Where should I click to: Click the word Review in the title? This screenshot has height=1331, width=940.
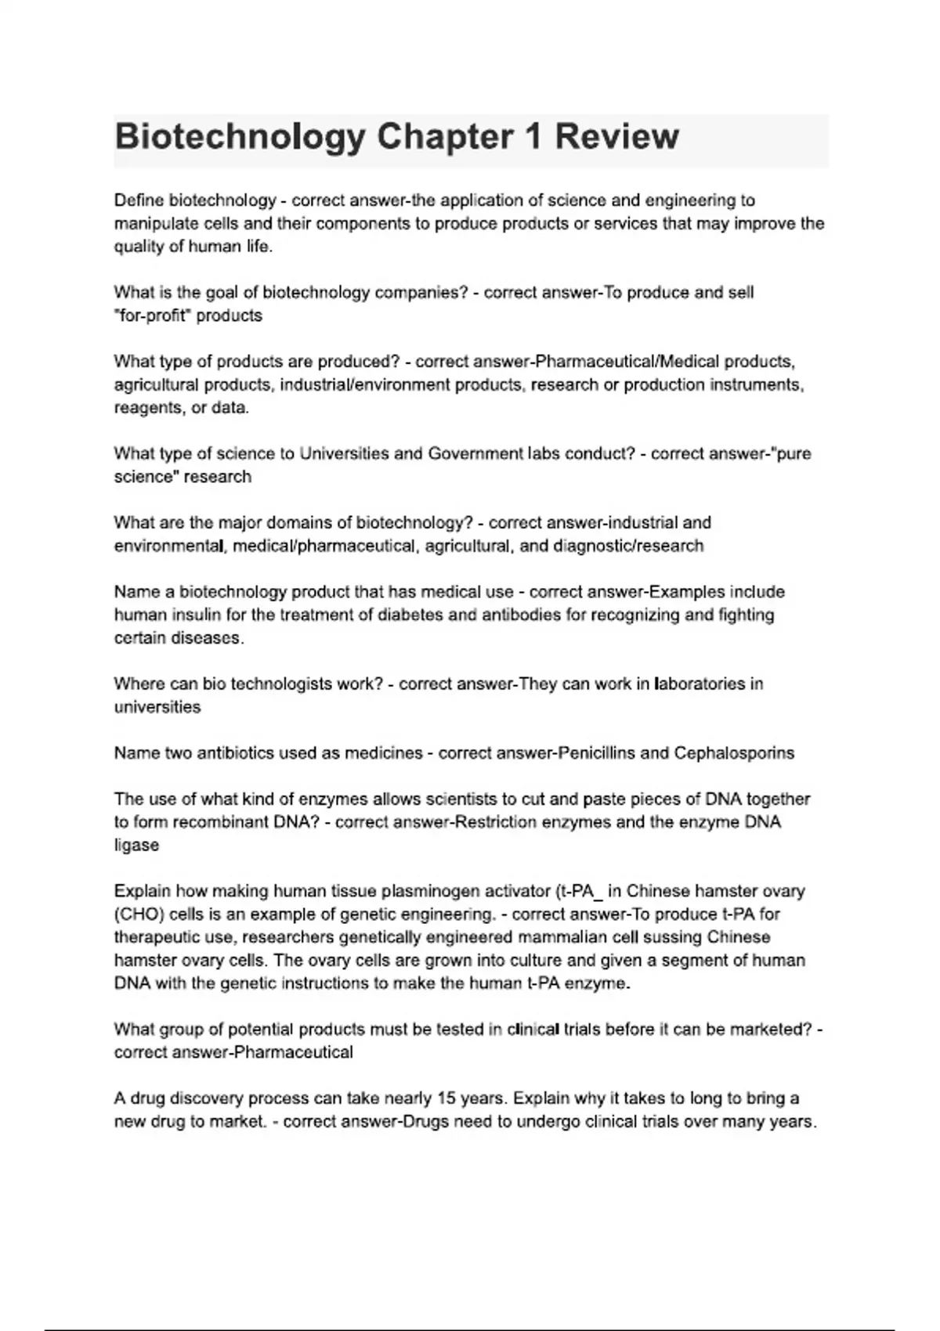click(616, 137)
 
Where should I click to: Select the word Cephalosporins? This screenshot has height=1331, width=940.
click(734, 753)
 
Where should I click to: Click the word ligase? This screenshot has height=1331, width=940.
click(136, 846)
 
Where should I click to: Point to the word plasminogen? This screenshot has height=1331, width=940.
click(425, 891)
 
